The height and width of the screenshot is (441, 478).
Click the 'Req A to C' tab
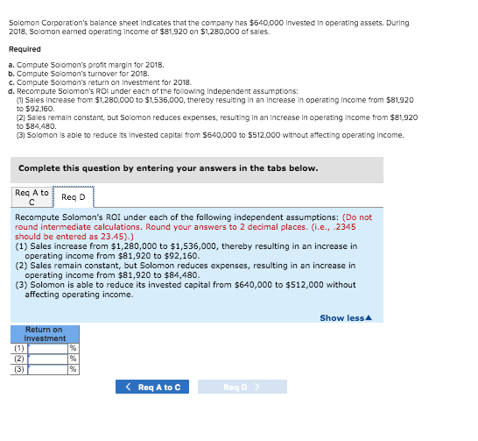coord(32,196)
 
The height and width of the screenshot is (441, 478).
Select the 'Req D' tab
coord(73,197)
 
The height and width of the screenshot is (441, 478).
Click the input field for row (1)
coord(48,349)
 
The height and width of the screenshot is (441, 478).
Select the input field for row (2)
coord(48,359)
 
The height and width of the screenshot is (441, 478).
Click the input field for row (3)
coord(48,369)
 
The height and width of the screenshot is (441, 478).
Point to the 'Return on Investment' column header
coord(45,334)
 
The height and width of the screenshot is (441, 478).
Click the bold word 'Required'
coord(25,49)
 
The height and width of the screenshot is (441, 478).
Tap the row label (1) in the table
coord(19,349)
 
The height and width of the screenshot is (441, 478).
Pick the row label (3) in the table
coord(19,369)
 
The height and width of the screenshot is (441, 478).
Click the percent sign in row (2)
coord(74,359)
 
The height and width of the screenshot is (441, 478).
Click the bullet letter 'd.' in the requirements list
coord(10,90)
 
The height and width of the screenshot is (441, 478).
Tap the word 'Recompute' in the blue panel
coord(38,217)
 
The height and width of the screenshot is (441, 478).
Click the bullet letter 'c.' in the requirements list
coord(10,82)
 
